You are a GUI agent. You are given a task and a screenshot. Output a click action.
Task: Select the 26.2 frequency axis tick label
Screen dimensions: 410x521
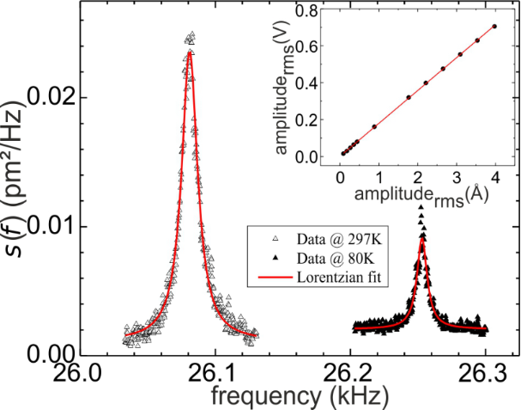[x=349, y=375]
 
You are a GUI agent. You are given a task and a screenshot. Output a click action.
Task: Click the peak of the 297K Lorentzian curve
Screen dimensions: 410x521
[x=189, y=52]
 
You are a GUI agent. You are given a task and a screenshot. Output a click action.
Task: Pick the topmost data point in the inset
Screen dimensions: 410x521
[x=494, y=26]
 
